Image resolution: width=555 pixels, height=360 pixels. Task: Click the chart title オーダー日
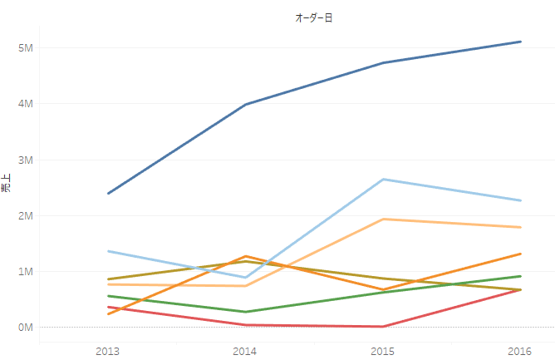pyautogui.click(x=314, y=17)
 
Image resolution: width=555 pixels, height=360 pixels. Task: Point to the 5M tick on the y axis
pyautogui.click(x=25, y=48)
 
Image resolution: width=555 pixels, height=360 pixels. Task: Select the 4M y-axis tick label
pyautogui.click(x=25, y=104)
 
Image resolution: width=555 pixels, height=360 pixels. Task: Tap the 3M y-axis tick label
pyautogui.click(x=25, y=160)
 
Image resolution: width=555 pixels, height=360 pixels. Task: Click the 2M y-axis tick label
pyautogui.click(x=25, y=215)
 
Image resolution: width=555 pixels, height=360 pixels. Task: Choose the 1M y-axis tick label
pyautogui.click(x=25, y=271)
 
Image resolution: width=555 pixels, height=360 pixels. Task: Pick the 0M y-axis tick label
pyautogui.click(x=25, y=327)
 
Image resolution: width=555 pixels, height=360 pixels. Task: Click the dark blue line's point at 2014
pyautogui.click(x=245, y=105)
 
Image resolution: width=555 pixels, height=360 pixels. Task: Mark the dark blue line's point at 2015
pyautogui.click(x=383, y=63)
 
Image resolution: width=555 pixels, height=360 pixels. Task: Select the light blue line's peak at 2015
pyautogui.click(x=383, y=180)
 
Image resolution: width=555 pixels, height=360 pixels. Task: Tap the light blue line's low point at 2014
pyautogui.click(x=245, y=278)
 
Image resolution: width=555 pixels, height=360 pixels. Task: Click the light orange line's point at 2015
pyautogui.click(x=383, y=219)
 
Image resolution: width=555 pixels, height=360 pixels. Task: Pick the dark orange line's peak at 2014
pyautogui.click(x=245, y=256)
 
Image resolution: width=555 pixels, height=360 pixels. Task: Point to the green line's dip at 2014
pyautogui.click(x=245, y=312)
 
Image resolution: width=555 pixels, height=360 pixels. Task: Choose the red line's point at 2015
pyautogui.click(x=383, y=327)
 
